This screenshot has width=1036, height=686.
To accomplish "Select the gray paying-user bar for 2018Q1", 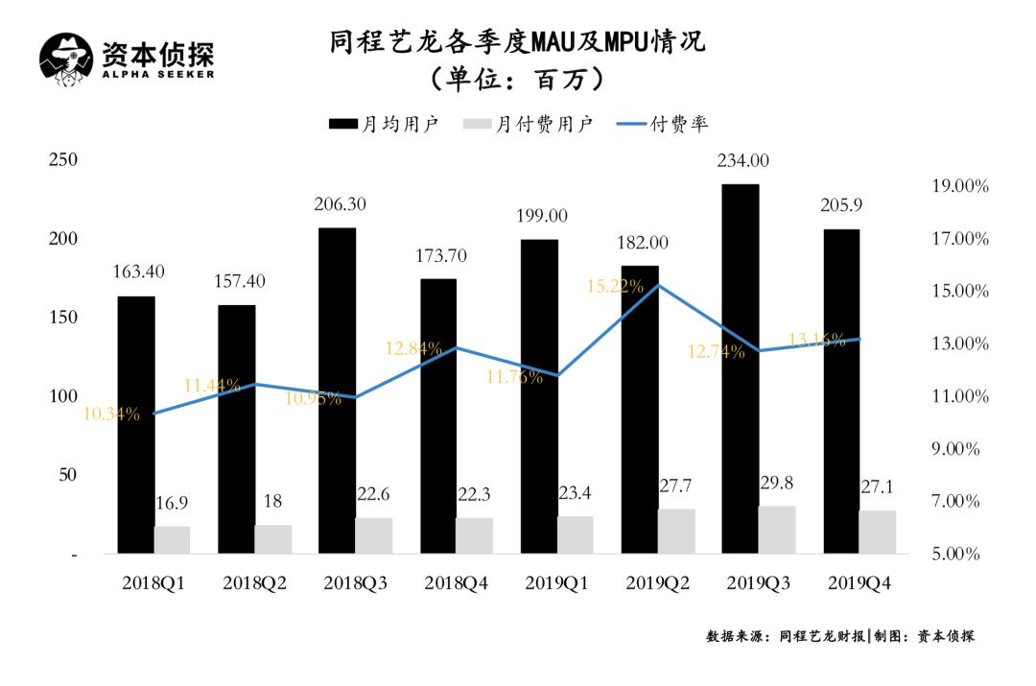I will tap(173, 540).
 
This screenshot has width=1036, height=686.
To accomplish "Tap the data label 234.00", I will tap(741, 161).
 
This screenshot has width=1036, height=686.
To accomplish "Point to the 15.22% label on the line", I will tap(617, 286).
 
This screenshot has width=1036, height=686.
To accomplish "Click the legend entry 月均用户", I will tap(384, 124).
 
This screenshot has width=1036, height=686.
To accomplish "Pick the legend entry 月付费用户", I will tap(528, 124).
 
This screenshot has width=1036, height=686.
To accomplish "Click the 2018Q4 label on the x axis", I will tap(457, 582).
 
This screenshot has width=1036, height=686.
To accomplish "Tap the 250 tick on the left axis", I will tap(63, 160).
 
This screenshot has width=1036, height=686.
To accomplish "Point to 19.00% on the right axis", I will tap(960, 186).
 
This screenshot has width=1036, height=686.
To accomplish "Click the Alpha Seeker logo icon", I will tap(66, 59).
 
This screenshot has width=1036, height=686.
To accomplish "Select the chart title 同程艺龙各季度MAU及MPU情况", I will tap(517, 43).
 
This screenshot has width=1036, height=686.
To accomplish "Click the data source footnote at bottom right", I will tap(840, 636).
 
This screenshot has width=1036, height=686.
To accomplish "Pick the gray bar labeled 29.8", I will tap(777, 530).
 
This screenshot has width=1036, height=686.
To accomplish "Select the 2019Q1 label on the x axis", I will tap(557, 582).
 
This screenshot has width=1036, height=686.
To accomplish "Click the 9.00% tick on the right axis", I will tap(960, 449).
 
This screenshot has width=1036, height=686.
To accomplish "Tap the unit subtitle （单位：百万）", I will tap(517, 79).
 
